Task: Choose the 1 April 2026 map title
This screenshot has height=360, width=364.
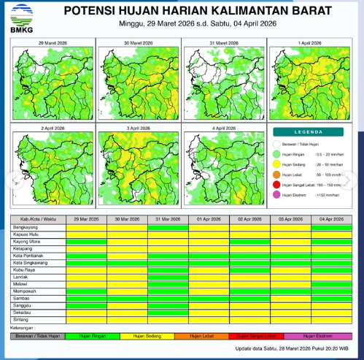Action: [x=309, y=44]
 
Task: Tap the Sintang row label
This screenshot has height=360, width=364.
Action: [x=21, y=319]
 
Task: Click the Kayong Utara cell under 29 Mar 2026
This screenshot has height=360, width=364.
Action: [x=85, y=242]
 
